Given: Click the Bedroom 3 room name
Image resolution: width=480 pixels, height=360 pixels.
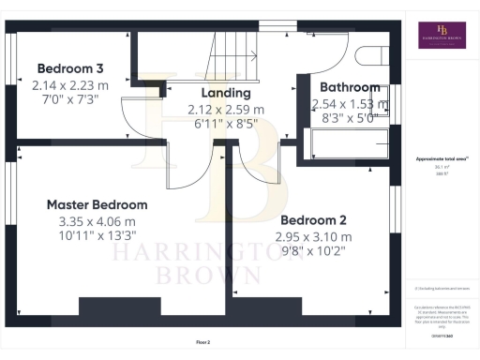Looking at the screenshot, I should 68,68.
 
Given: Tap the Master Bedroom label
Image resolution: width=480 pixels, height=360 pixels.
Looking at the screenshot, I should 97,204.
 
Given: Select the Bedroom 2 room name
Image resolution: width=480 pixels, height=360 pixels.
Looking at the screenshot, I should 314,219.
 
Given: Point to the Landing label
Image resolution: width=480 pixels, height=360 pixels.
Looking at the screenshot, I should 226,93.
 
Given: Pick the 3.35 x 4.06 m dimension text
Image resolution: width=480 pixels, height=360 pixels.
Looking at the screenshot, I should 97,221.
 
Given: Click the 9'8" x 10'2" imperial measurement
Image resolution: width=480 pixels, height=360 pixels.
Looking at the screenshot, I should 314,251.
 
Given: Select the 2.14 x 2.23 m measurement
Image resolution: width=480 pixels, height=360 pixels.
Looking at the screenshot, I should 69,84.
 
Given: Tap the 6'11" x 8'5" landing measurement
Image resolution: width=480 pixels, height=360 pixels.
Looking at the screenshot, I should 227,123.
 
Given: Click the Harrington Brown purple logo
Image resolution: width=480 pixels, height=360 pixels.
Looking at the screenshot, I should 443,36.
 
